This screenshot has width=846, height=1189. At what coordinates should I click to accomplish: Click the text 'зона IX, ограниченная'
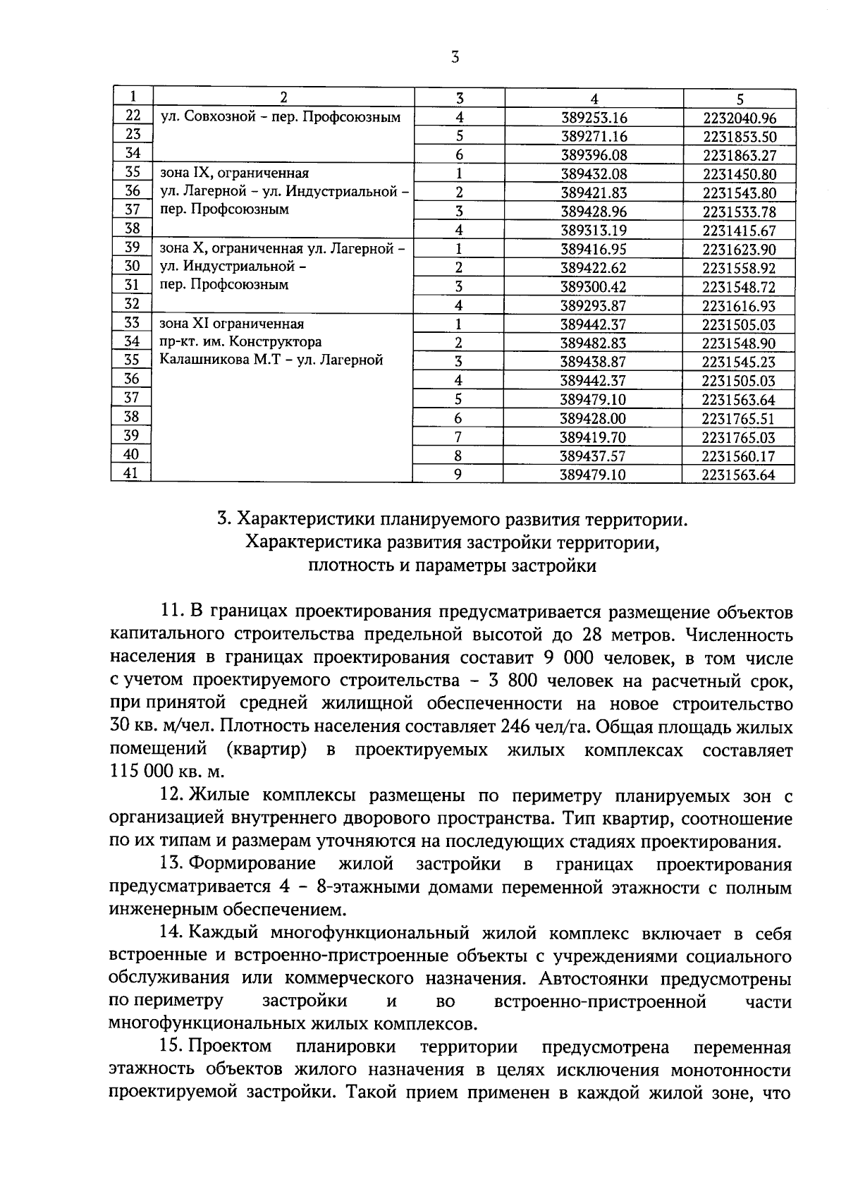[235, 173]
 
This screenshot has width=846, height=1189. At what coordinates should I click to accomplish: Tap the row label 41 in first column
[131, 474]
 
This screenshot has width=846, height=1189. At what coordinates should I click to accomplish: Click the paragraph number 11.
[172, 611]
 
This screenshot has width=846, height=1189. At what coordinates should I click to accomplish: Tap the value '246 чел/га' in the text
[546, 727]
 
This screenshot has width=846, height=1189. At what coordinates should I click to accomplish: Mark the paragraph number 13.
[172, 865]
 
